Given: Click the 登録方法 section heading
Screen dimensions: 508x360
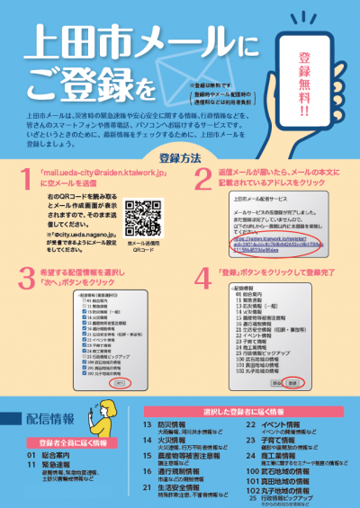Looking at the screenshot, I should click(x=179, y=158).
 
